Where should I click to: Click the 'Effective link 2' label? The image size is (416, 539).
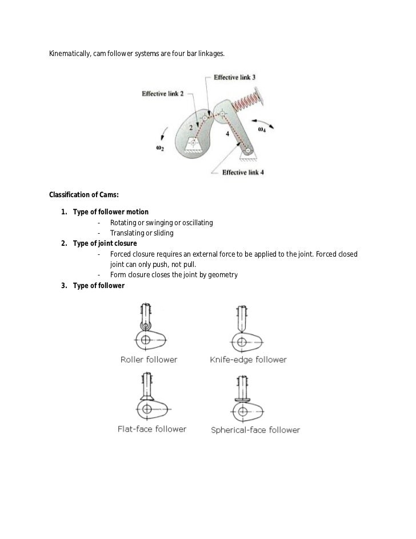point(163,95)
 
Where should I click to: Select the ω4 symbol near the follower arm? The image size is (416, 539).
point(262,130)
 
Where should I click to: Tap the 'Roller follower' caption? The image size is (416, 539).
point(149,360)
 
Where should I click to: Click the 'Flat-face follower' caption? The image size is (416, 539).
point(151,429)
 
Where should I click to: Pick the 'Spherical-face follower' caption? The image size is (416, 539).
point(255,430)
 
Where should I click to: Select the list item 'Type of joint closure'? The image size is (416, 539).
point(105,243)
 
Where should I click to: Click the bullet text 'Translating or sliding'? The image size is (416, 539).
point(141,233)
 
